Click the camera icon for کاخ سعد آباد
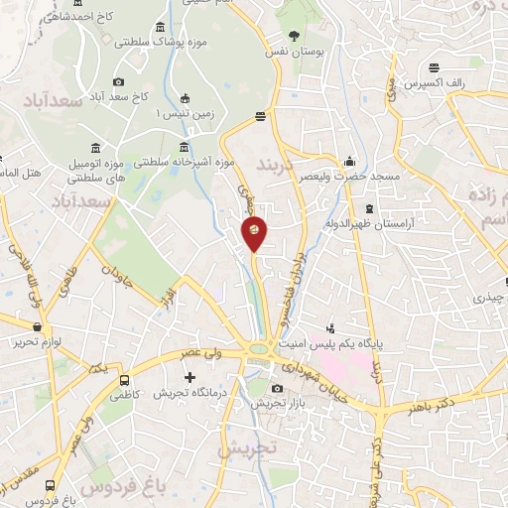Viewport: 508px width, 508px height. click(119, 81)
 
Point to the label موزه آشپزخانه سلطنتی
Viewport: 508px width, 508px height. click(188, 160)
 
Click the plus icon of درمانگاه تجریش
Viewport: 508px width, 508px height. click(190, 377)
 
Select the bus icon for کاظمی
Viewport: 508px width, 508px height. click(124, 380)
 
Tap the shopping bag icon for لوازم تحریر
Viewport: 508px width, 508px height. click(38, 326)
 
